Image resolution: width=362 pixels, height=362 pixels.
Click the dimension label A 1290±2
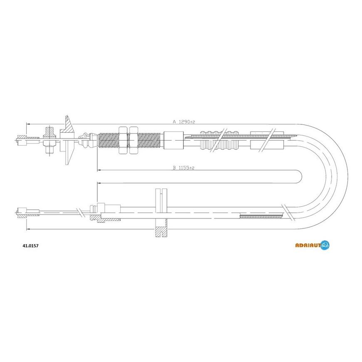184,121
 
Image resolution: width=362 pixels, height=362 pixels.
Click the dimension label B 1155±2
184,168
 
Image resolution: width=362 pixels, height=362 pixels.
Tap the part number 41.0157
30,246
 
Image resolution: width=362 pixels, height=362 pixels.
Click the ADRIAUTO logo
312,245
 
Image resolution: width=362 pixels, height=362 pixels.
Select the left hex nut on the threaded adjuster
123,140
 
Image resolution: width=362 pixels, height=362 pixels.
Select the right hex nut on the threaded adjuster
134,140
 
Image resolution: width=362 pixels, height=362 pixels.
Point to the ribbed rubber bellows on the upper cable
219,141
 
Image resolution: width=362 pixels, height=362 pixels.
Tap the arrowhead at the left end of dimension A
28,124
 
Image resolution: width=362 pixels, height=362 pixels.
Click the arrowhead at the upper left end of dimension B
99,170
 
